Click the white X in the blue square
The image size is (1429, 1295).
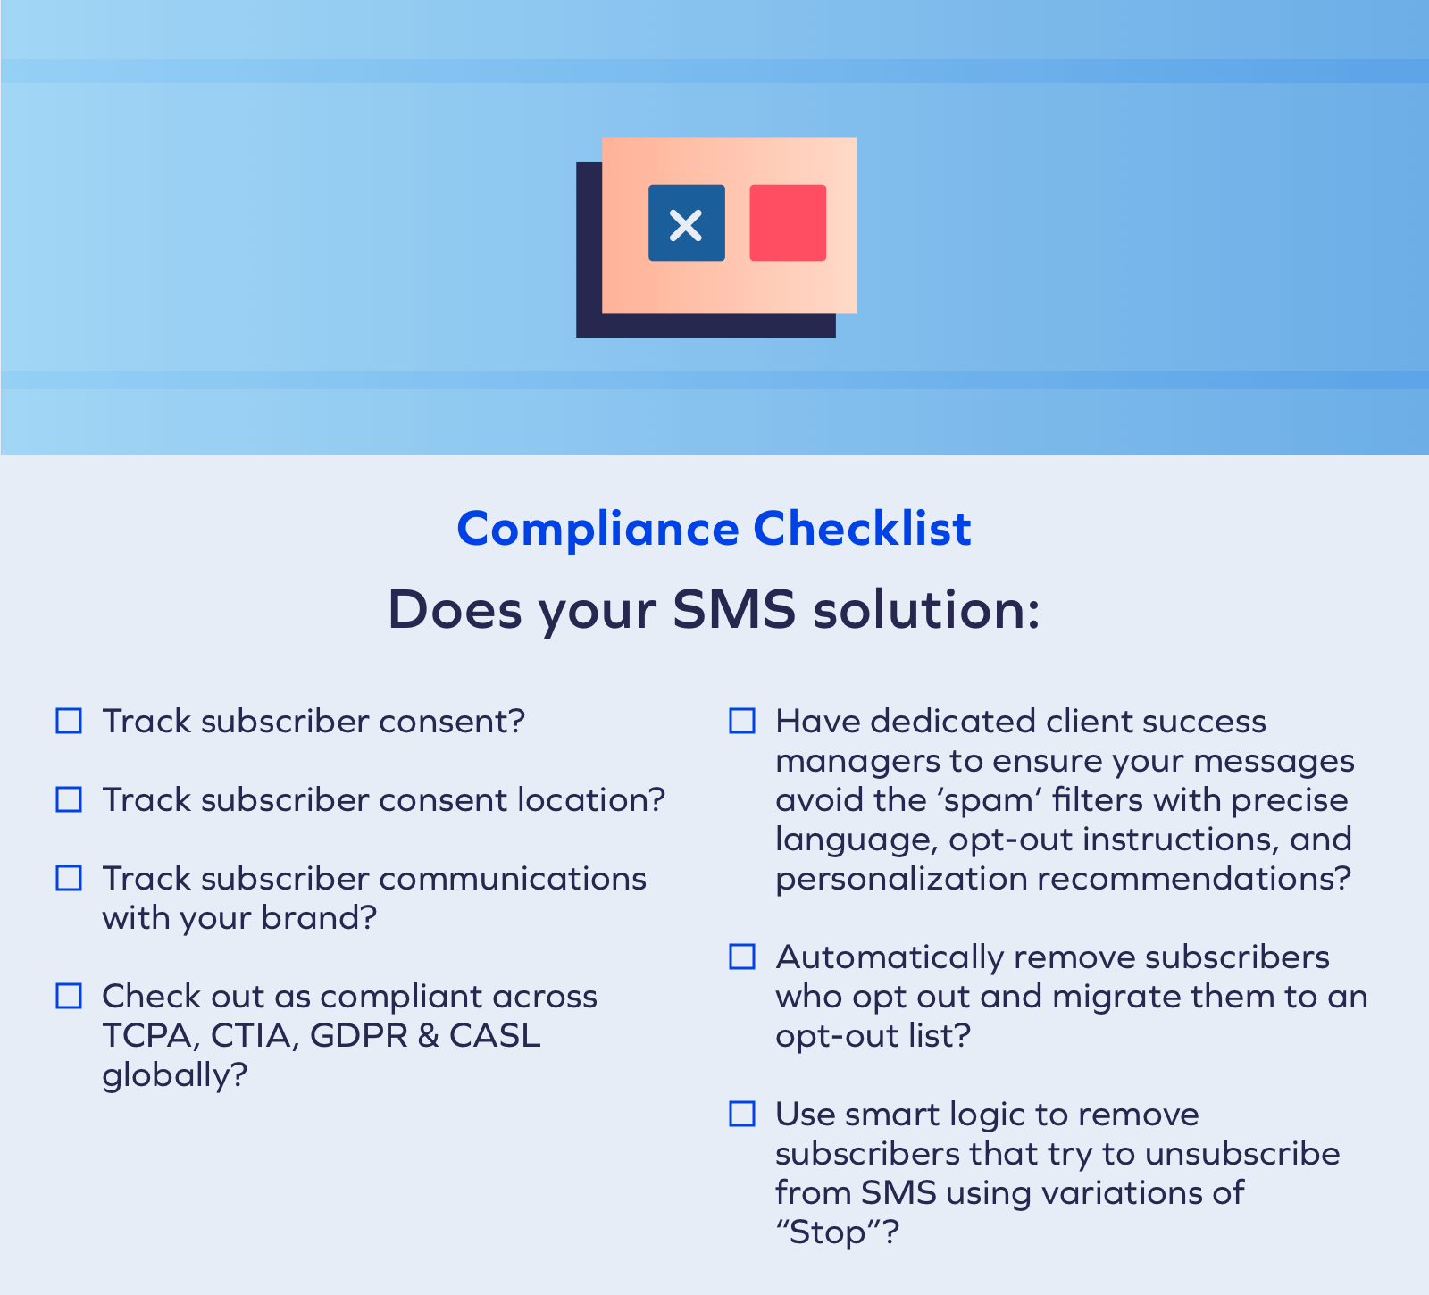tap(686, 224)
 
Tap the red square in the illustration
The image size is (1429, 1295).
tap(787, 222)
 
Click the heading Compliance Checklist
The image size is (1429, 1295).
tap(714, 529)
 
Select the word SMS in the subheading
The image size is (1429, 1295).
tap(733, 611)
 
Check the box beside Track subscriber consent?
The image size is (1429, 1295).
tap(69, 721)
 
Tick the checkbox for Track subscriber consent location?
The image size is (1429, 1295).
tap(69, 799)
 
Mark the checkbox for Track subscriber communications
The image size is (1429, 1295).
tap(69, 878)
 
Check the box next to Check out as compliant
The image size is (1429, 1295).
tap(69, 996)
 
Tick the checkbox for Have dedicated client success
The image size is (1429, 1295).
tap(742, 721)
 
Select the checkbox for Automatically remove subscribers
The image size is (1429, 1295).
tap(742, 957)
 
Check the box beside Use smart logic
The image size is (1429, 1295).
tap(742, 1114)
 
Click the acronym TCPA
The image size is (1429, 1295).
tap(147, 1036)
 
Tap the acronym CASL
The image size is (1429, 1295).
tap(495, 1036)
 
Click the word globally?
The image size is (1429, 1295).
tap(174, 1075)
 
